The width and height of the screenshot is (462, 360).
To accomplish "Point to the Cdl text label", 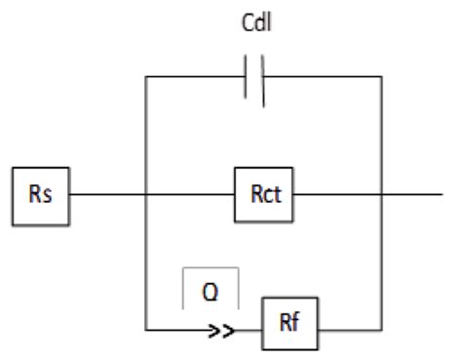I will [255, 21].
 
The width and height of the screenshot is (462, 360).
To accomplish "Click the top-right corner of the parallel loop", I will [380, 75].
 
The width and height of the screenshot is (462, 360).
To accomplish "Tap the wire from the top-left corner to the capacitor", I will [195, 75].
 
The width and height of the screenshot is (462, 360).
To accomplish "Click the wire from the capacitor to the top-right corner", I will [322, 75].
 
